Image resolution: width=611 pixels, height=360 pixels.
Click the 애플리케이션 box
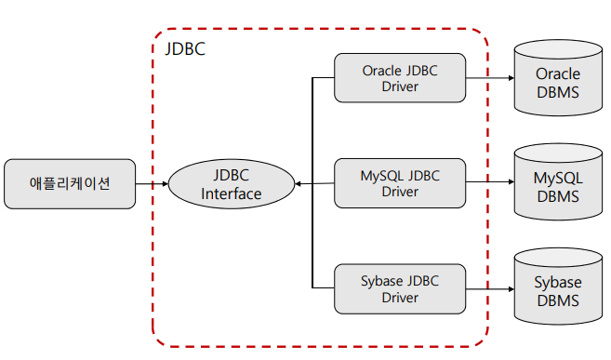click(x=70, y=183)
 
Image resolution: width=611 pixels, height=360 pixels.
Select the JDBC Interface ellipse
click(x=231, y=184)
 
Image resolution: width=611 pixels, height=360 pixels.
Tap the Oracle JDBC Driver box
click(x=399, y=78)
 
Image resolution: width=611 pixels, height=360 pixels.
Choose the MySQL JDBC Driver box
click(x=399, y=183)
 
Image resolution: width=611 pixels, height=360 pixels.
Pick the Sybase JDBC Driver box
click(x=399, y=289)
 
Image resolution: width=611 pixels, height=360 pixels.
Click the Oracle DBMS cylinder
click(x=557, y=80)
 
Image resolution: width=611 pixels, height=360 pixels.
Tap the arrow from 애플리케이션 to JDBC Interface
click(x=151, y=184)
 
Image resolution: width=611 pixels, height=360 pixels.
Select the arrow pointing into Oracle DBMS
click(x=490, y=78)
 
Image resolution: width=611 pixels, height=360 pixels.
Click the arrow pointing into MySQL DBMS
click(x=490, y=183)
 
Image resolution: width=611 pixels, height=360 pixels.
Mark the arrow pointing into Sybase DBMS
click(x=490, y=289)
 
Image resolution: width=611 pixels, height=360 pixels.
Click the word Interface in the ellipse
click(x=232, y=194)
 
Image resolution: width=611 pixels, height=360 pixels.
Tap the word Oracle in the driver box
click(x=383, y=70)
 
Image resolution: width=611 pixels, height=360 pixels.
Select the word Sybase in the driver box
click(x=383, y=280)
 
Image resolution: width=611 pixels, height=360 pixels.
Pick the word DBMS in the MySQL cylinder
click(x=557, y=196)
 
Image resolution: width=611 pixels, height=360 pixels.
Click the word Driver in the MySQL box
click(x=400, y=193)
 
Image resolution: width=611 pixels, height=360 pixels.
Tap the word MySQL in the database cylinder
click(x=557, y=177)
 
